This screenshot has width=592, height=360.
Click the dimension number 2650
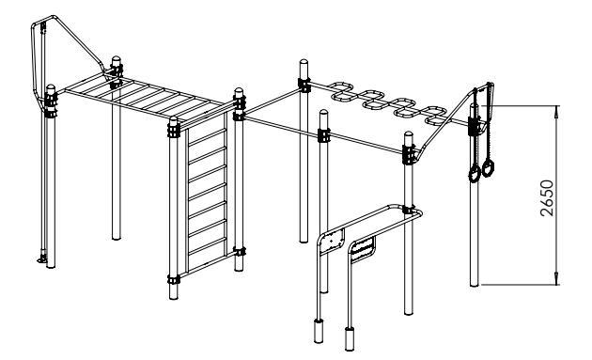(548, 198)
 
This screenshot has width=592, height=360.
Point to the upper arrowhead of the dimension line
(556, 112)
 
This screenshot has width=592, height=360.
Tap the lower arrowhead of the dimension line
(556, 278)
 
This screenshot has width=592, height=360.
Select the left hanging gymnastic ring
(475, 174)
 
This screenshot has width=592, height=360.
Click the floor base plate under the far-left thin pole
(42, 259)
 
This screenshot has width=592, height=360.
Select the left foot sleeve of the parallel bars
(319, 331)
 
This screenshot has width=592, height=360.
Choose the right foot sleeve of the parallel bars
(350, 338)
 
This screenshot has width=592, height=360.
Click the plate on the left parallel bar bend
(332, 241)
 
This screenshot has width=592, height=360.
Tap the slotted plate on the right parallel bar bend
(364, 249)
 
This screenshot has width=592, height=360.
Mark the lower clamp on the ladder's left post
(173, 279)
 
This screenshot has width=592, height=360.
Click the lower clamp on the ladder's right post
(239, 251)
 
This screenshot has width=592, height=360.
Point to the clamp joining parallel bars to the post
(408, 210)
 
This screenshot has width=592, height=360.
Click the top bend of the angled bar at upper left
(54, 18)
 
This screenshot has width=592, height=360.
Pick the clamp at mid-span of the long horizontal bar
(324, 135)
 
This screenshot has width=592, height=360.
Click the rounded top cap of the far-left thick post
(51, 88)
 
